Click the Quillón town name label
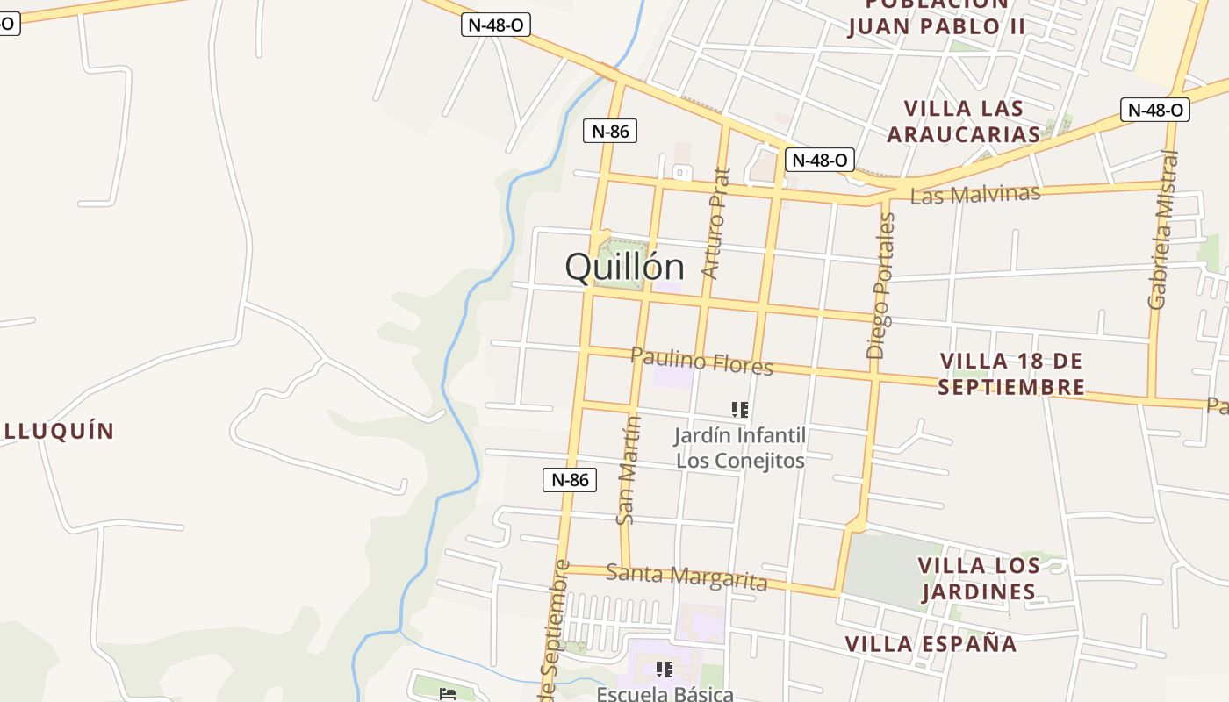(624, 267)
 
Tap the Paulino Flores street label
(701, 361)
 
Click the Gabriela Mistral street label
(1164, 230)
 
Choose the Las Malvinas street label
(974, 194)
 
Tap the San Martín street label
(629, 470)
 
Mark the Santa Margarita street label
(686, 577)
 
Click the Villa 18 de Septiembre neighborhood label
(1011, 374)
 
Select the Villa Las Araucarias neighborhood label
(963, 121)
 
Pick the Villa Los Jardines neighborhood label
(979, 578)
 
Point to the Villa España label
(931, 644)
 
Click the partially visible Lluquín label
(58, 431)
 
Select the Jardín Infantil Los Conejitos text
(739, 448)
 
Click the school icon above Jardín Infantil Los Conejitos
(739, 409)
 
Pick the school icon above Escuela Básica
(665, 670)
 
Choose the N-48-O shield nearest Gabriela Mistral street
(1154, 110)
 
